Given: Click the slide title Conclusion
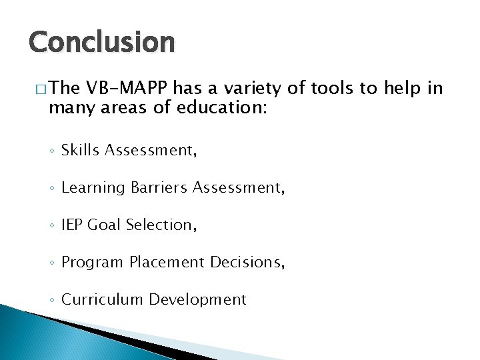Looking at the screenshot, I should point(101,43).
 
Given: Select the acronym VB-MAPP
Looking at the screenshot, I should point(130,89).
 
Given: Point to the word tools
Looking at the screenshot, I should point(325,89).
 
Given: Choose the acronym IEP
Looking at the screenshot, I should point(73,225).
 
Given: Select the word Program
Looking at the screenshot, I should point(90,263).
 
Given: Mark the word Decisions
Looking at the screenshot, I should point(247,263).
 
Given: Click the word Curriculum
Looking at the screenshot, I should point(102,300).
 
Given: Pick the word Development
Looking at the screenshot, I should point(197,300).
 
